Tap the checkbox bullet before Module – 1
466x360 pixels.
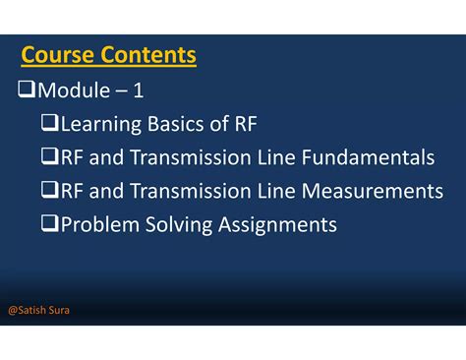point(27,90)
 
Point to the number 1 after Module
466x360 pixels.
point(139,90)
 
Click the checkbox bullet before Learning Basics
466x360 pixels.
point(50,124)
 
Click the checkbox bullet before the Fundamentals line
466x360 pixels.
point(50,157)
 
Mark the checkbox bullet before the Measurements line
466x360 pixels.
point(50,191)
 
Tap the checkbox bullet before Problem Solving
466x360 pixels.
point(50,224)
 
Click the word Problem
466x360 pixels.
point(97,224)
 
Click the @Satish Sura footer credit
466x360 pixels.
point(38,311)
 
